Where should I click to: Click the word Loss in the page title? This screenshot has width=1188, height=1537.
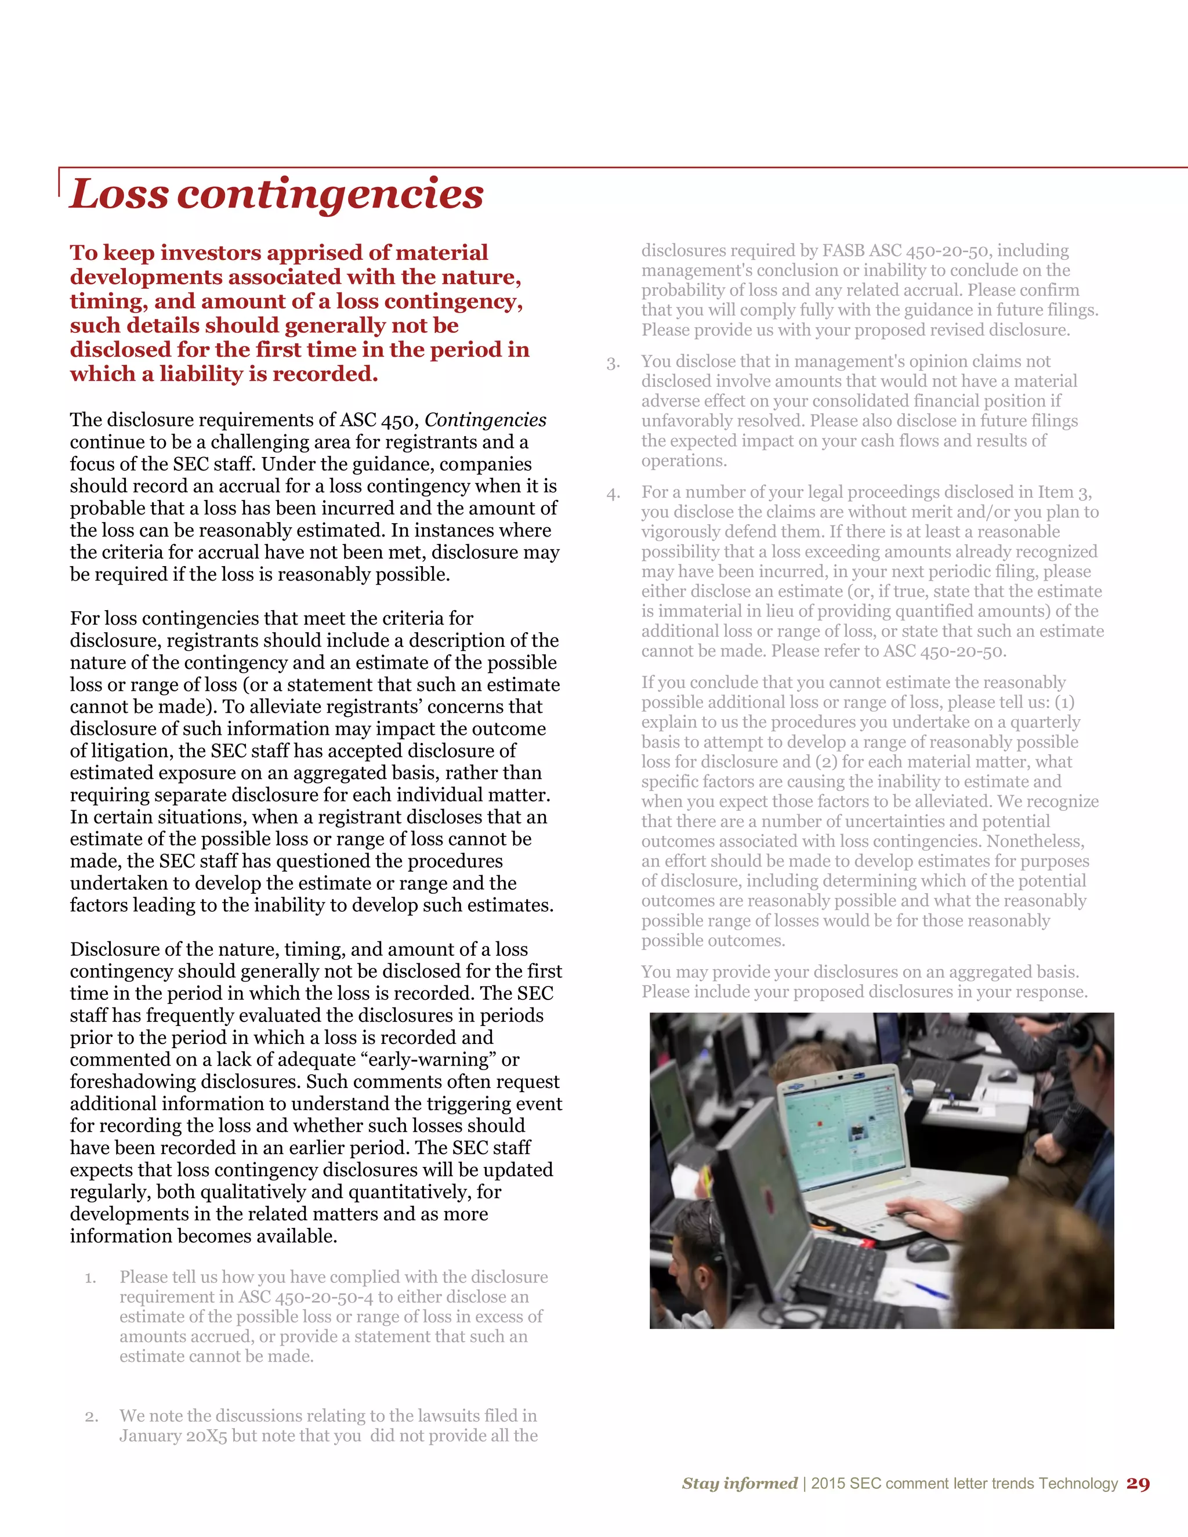click(x=119, y=194)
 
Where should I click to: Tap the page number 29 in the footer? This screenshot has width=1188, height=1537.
click(x=1138, y=1484)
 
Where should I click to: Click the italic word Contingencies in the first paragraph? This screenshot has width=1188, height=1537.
click(x=485, y=420)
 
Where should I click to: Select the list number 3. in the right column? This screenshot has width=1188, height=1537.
click(x=613, y=364)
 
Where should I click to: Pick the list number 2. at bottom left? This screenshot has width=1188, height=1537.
click(x=91, y=1417)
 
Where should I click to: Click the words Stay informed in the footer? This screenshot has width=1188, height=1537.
click(x=739, y=1484)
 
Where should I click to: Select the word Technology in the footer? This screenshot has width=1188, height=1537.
click(x=1078, y=1484)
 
